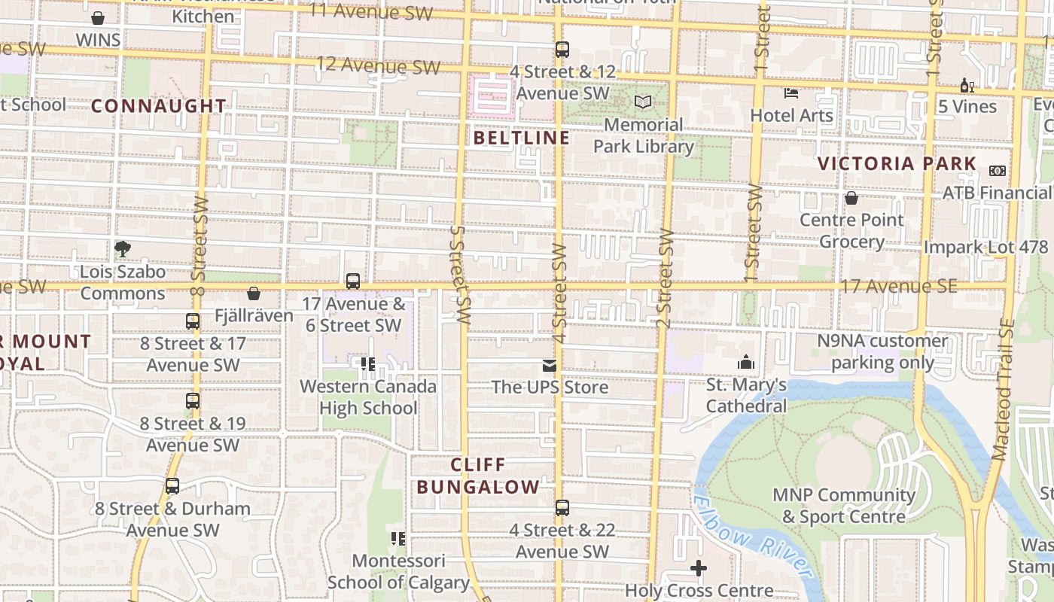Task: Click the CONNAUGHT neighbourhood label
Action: click(158, 106)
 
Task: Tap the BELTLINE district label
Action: click(521, 138)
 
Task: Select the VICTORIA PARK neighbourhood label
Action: click(897, 163)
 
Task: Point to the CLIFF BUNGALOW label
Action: click(478, 476)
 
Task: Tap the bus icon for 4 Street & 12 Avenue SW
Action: click(562, 50)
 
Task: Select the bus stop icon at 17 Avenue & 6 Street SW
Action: click(352, 281)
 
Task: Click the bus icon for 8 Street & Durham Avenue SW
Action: click(172, 486)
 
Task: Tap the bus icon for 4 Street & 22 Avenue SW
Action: click(562, 508)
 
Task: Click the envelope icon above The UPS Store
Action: click(549, 366)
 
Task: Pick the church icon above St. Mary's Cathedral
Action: click(746, 363)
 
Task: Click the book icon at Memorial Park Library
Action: click(643, 102)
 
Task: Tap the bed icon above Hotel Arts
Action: click(791, 93)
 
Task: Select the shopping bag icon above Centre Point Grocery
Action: click(851, 198)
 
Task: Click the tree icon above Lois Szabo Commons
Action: click(123, 248)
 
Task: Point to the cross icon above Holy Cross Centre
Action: click(699, 568)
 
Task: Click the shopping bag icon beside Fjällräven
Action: click(254, 293)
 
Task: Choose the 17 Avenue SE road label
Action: click(899, 286)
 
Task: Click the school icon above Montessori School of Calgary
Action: click(398, 539)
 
